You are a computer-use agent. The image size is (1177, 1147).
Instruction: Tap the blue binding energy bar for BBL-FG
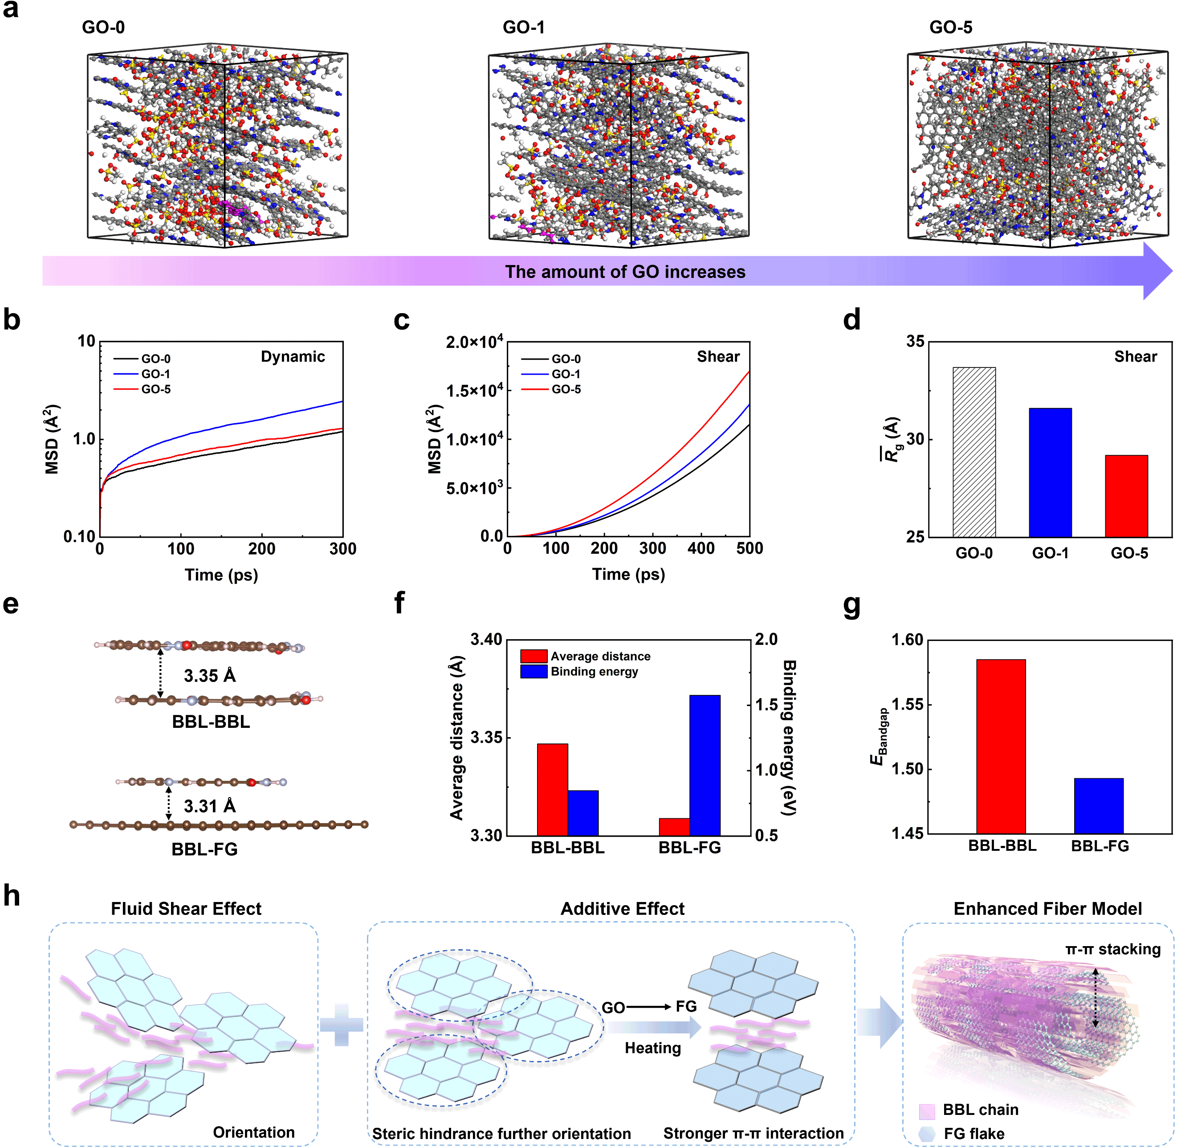pos(705,765)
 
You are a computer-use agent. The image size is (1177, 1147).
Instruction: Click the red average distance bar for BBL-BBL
pos(552,789)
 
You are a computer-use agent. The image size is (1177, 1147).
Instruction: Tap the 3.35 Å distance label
pos(210,676)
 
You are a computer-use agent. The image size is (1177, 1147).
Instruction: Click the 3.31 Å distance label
pos(210,806)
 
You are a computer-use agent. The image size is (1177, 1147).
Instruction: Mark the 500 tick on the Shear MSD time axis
pos(749,548)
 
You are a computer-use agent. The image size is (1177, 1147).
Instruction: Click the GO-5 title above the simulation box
pos(950,27)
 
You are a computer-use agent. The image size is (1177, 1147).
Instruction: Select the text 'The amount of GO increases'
pos(625,272)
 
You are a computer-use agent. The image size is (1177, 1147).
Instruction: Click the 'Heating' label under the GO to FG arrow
pos(652,1048)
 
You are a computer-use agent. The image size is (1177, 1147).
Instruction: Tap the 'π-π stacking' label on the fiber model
pos(1112,949)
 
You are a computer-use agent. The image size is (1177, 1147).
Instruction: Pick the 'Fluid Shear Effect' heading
pos(186,908)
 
